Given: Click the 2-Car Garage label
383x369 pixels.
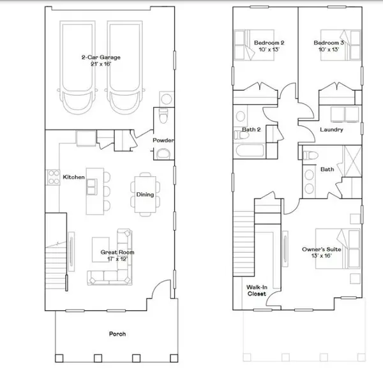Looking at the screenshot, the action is pos(101,61).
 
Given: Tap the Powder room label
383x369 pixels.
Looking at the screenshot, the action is pos(163,140).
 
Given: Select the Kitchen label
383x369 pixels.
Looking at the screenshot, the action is pos(74,177).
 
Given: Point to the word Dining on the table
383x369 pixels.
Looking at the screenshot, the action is pos(145,195).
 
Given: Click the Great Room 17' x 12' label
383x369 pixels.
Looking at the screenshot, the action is pos(117,255).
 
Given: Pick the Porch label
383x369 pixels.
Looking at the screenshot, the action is pos(117,334).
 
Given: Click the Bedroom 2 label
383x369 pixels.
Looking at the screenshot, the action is pos(269,46).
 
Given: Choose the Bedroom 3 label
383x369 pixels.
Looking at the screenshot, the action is pos(329,46).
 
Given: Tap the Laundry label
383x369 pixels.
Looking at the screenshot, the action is pos(331,130).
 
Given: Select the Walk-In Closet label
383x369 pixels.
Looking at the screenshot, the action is pos(257,290).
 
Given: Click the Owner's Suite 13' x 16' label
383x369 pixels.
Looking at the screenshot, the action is pos(322,253).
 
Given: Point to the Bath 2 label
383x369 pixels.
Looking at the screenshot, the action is pos(252,130).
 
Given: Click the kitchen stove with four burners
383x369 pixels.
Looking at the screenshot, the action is pos(53,177).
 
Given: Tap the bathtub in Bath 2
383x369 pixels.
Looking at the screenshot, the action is pos(250,151).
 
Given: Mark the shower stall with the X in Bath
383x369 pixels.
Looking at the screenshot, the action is pos(352,161).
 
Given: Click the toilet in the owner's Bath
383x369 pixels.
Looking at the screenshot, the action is pos(310,155).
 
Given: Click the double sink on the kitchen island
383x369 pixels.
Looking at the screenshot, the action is pos(91,187).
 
